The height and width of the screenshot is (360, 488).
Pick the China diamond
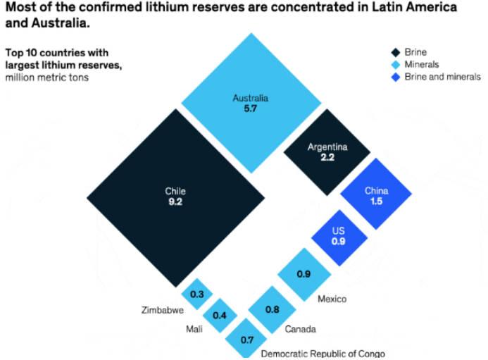375,194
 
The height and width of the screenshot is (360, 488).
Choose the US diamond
339,237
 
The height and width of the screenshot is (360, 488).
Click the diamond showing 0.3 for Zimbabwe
197,294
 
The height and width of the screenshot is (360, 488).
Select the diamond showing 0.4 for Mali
220,315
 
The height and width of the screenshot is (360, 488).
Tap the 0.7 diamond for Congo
247,340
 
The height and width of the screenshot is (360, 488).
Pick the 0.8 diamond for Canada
272,309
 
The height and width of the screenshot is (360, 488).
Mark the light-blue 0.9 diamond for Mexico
304,274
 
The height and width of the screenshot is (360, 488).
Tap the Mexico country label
332,299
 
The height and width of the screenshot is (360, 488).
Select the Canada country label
300,329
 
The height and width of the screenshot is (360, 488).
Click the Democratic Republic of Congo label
323,353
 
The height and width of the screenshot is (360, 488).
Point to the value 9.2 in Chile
175,201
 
